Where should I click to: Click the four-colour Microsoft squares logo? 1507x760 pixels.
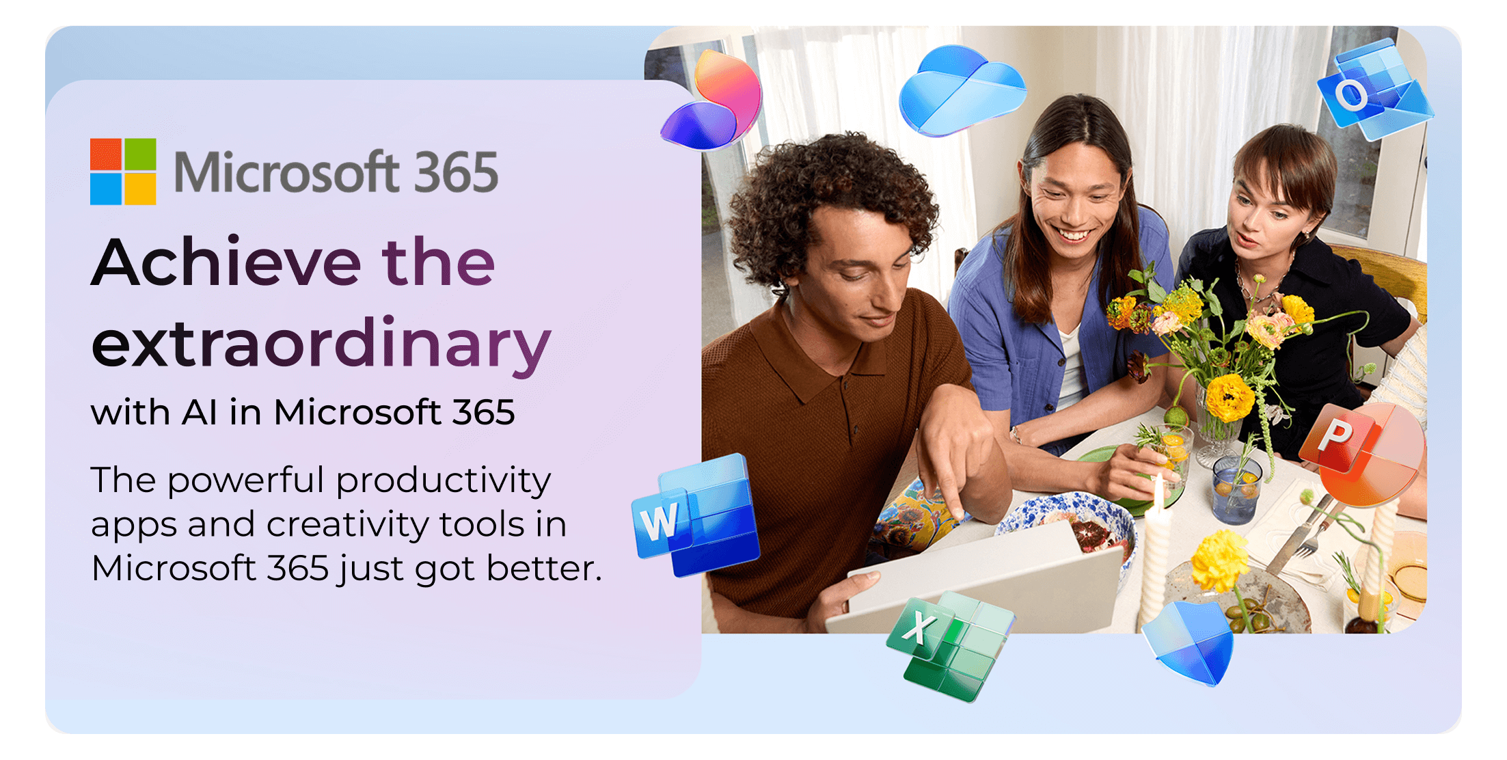[123, 172]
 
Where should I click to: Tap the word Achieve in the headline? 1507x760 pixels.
[226, 262]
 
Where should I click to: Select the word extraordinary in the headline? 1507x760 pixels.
[321, 343]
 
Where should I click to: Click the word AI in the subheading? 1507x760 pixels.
[200, 413]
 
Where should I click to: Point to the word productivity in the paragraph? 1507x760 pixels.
[444, 481]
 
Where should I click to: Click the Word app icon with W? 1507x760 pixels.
[697, 516]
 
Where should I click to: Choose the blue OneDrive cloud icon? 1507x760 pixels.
[960, 89]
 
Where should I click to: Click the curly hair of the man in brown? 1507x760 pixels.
[827, 185]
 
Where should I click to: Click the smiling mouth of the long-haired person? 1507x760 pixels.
[1074, 236]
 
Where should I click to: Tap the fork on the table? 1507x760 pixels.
[1302, 543]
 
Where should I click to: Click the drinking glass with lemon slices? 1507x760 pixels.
[1237, 489]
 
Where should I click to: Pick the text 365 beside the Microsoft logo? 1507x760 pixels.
[456, 172]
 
